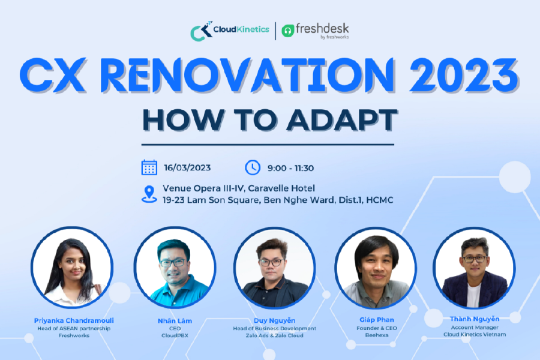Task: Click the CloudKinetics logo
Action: (x=229, y=31)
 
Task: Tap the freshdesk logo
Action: (x=315, y=31)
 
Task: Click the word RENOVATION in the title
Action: (x=228, y=77)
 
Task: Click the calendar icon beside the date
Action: (x=149, y=167)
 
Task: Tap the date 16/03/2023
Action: (x=187, y=168)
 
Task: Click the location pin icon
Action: (x=149, y=194)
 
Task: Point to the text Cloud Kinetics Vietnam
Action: (x=475, y=334)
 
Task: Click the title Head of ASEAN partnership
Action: (x=72, y=329)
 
